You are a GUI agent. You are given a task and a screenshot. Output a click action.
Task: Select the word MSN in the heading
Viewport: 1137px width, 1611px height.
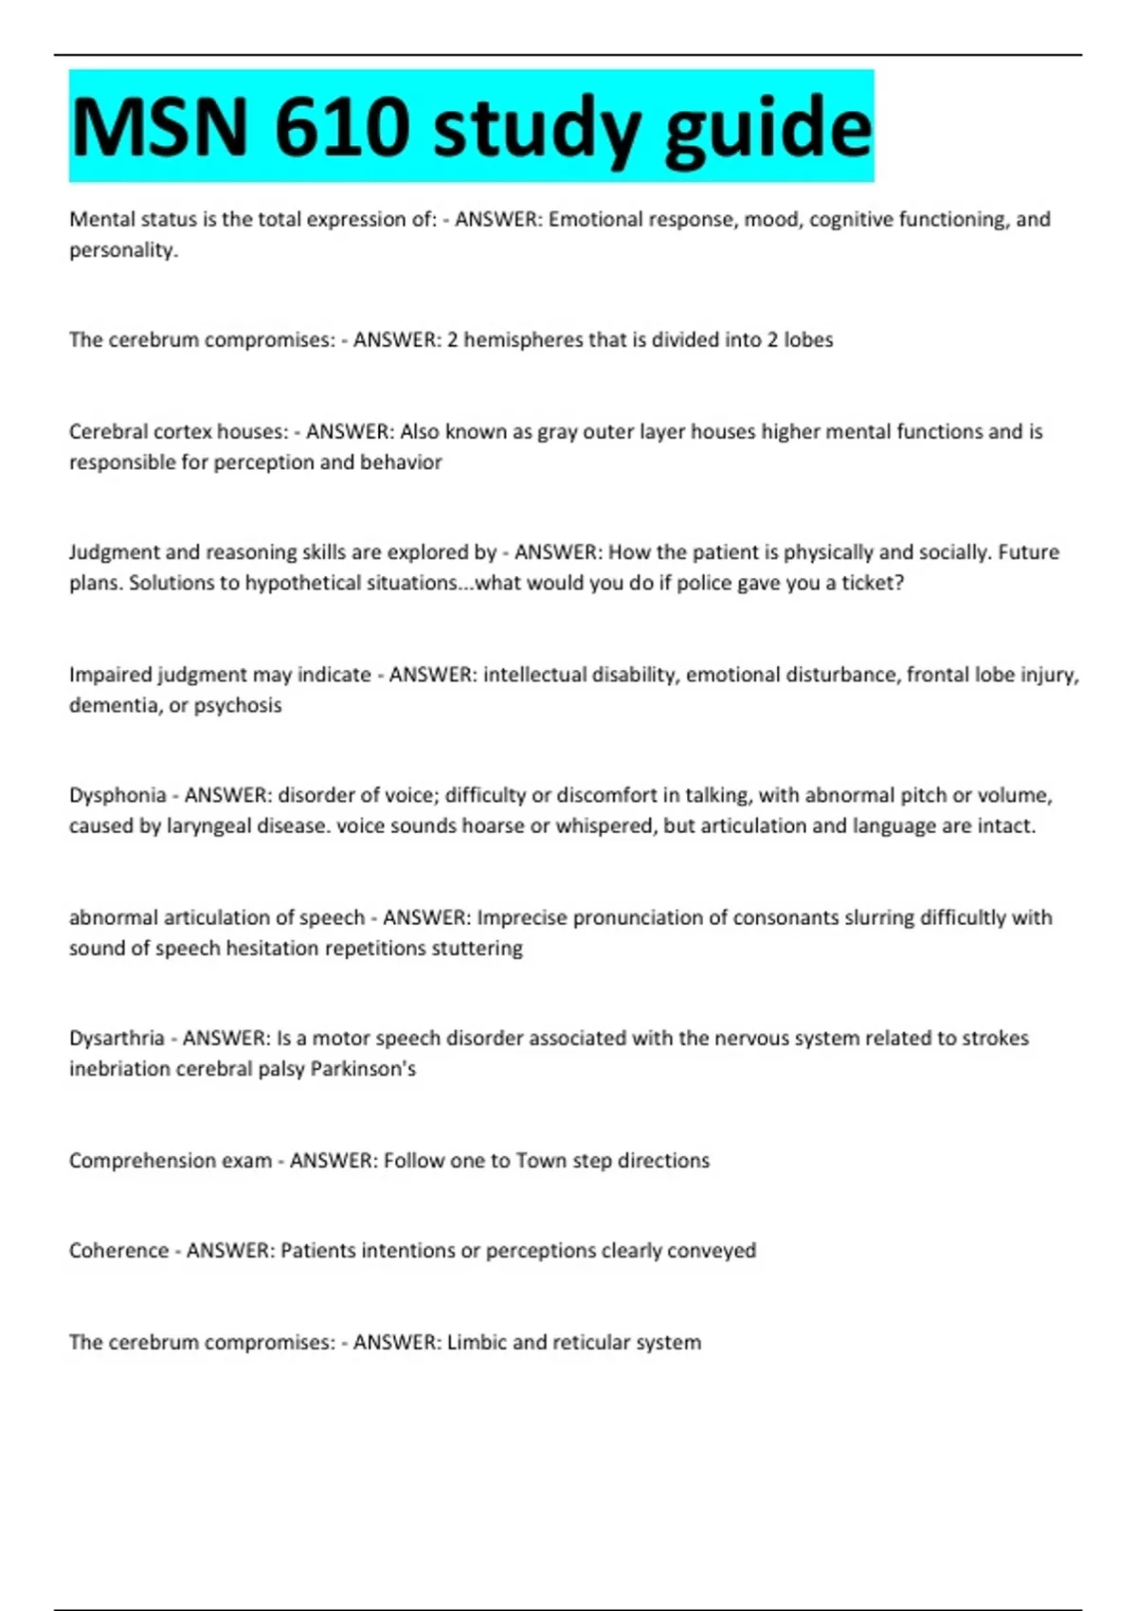160,127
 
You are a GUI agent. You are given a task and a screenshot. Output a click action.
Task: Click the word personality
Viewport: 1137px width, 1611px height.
122,251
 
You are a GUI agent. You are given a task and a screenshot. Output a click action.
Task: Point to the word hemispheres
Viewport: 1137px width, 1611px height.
522,340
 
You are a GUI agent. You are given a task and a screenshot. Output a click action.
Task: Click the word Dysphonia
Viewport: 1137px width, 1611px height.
117,796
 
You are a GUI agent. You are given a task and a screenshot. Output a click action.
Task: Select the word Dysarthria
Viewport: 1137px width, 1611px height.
117,1039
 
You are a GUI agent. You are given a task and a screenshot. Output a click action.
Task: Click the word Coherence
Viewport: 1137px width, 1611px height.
118,1251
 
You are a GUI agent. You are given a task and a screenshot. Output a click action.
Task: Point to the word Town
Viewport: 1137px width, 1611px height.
540,1161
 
